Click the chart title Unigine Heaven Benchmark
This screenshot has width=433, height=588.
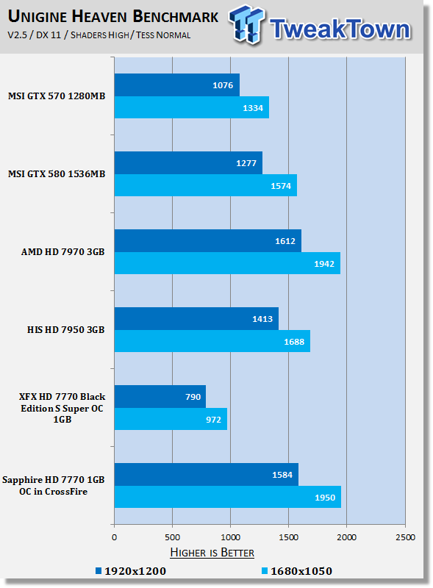(113, 17)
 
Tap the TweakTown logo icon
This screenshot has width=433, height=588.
(246, 25)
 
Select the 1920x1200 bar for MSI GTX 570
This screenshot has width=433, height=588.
(176, 85)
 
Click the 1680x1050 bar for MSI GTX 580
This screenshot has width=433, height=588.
(206, 185)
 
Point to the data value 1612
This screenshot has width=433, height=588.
(285, 241)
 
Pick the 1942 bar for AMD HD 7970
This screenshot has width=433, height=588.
(227, 263)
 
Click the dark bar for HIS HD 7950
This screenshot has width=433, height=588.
(196, 319)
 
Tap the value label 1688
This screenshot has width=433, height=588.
(294, 342)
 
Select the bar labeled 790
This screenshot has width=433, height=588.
(160, 396)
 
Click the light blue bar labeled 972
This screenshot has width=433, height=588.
(171, 419)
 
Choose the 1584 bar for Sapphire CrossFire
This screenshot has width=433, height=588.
(207, 474)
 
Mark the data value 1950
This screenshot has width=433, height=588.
(325, 498)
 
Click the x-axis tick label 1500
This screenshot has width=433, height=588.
(288, 537)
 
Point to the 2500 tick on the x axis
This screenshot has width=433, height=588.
(405, 537)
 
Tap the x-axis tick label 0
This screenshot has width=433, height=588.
(115, 537)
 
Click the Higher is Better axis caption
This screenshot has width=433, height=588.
(212, 553)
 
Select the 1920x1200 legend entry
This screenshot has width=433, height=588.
(131, 571)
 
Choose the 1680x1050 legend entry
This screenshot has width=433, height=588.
(297, 571)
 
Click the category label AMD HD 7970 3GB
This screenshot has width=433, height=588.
(63, 252)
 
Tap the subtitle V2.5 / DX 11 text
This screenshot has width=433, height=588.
(34, 35)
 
